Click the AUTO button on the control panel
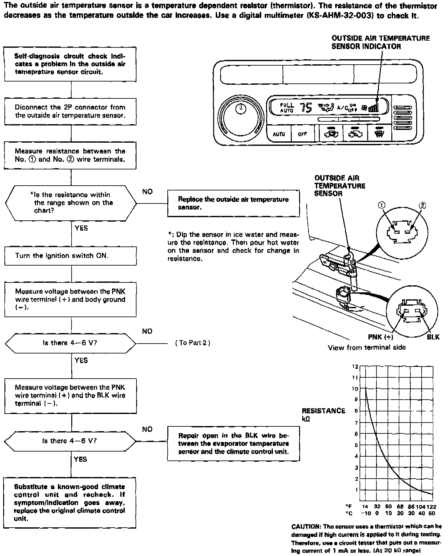pyautogui.click(x=279, y=134)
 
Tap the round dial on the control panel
pyautogui.click(x=241, y=116)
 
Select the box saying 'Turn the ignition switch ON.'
pyautogui.click(x=70, y=256)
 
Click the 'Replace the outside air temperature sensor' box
pyautogui.click(x=233, y=203)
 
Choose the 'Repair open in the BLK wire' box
pyautogui.click(x=233, y=444)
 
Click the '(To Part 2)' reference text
pyautogui.click(x=193, y=343)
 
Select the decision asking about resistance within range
pyautogui.click(x=71, y=203)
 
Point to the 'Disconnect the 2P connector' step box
pyautogui.click(x=70, y=111)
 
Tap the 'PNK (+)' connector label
pyautogui.click(x=381, y=337)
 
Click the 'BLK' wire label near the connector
pyautogui.click(x=433, y=337)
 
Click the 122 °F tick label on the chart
pyautogui.click(x=431, y=506)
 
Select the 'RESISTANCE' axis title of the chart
pyautogui.click(x=323, y=411)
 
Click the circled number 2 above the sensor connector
pyautogui.click(x=422, y=205)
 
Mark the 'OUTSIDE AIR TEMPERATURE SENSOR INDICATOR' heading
pyautogui.click(x=381, y=42)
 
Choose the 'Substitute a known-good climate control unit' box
pyautogui.click(x=70, y=503)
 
